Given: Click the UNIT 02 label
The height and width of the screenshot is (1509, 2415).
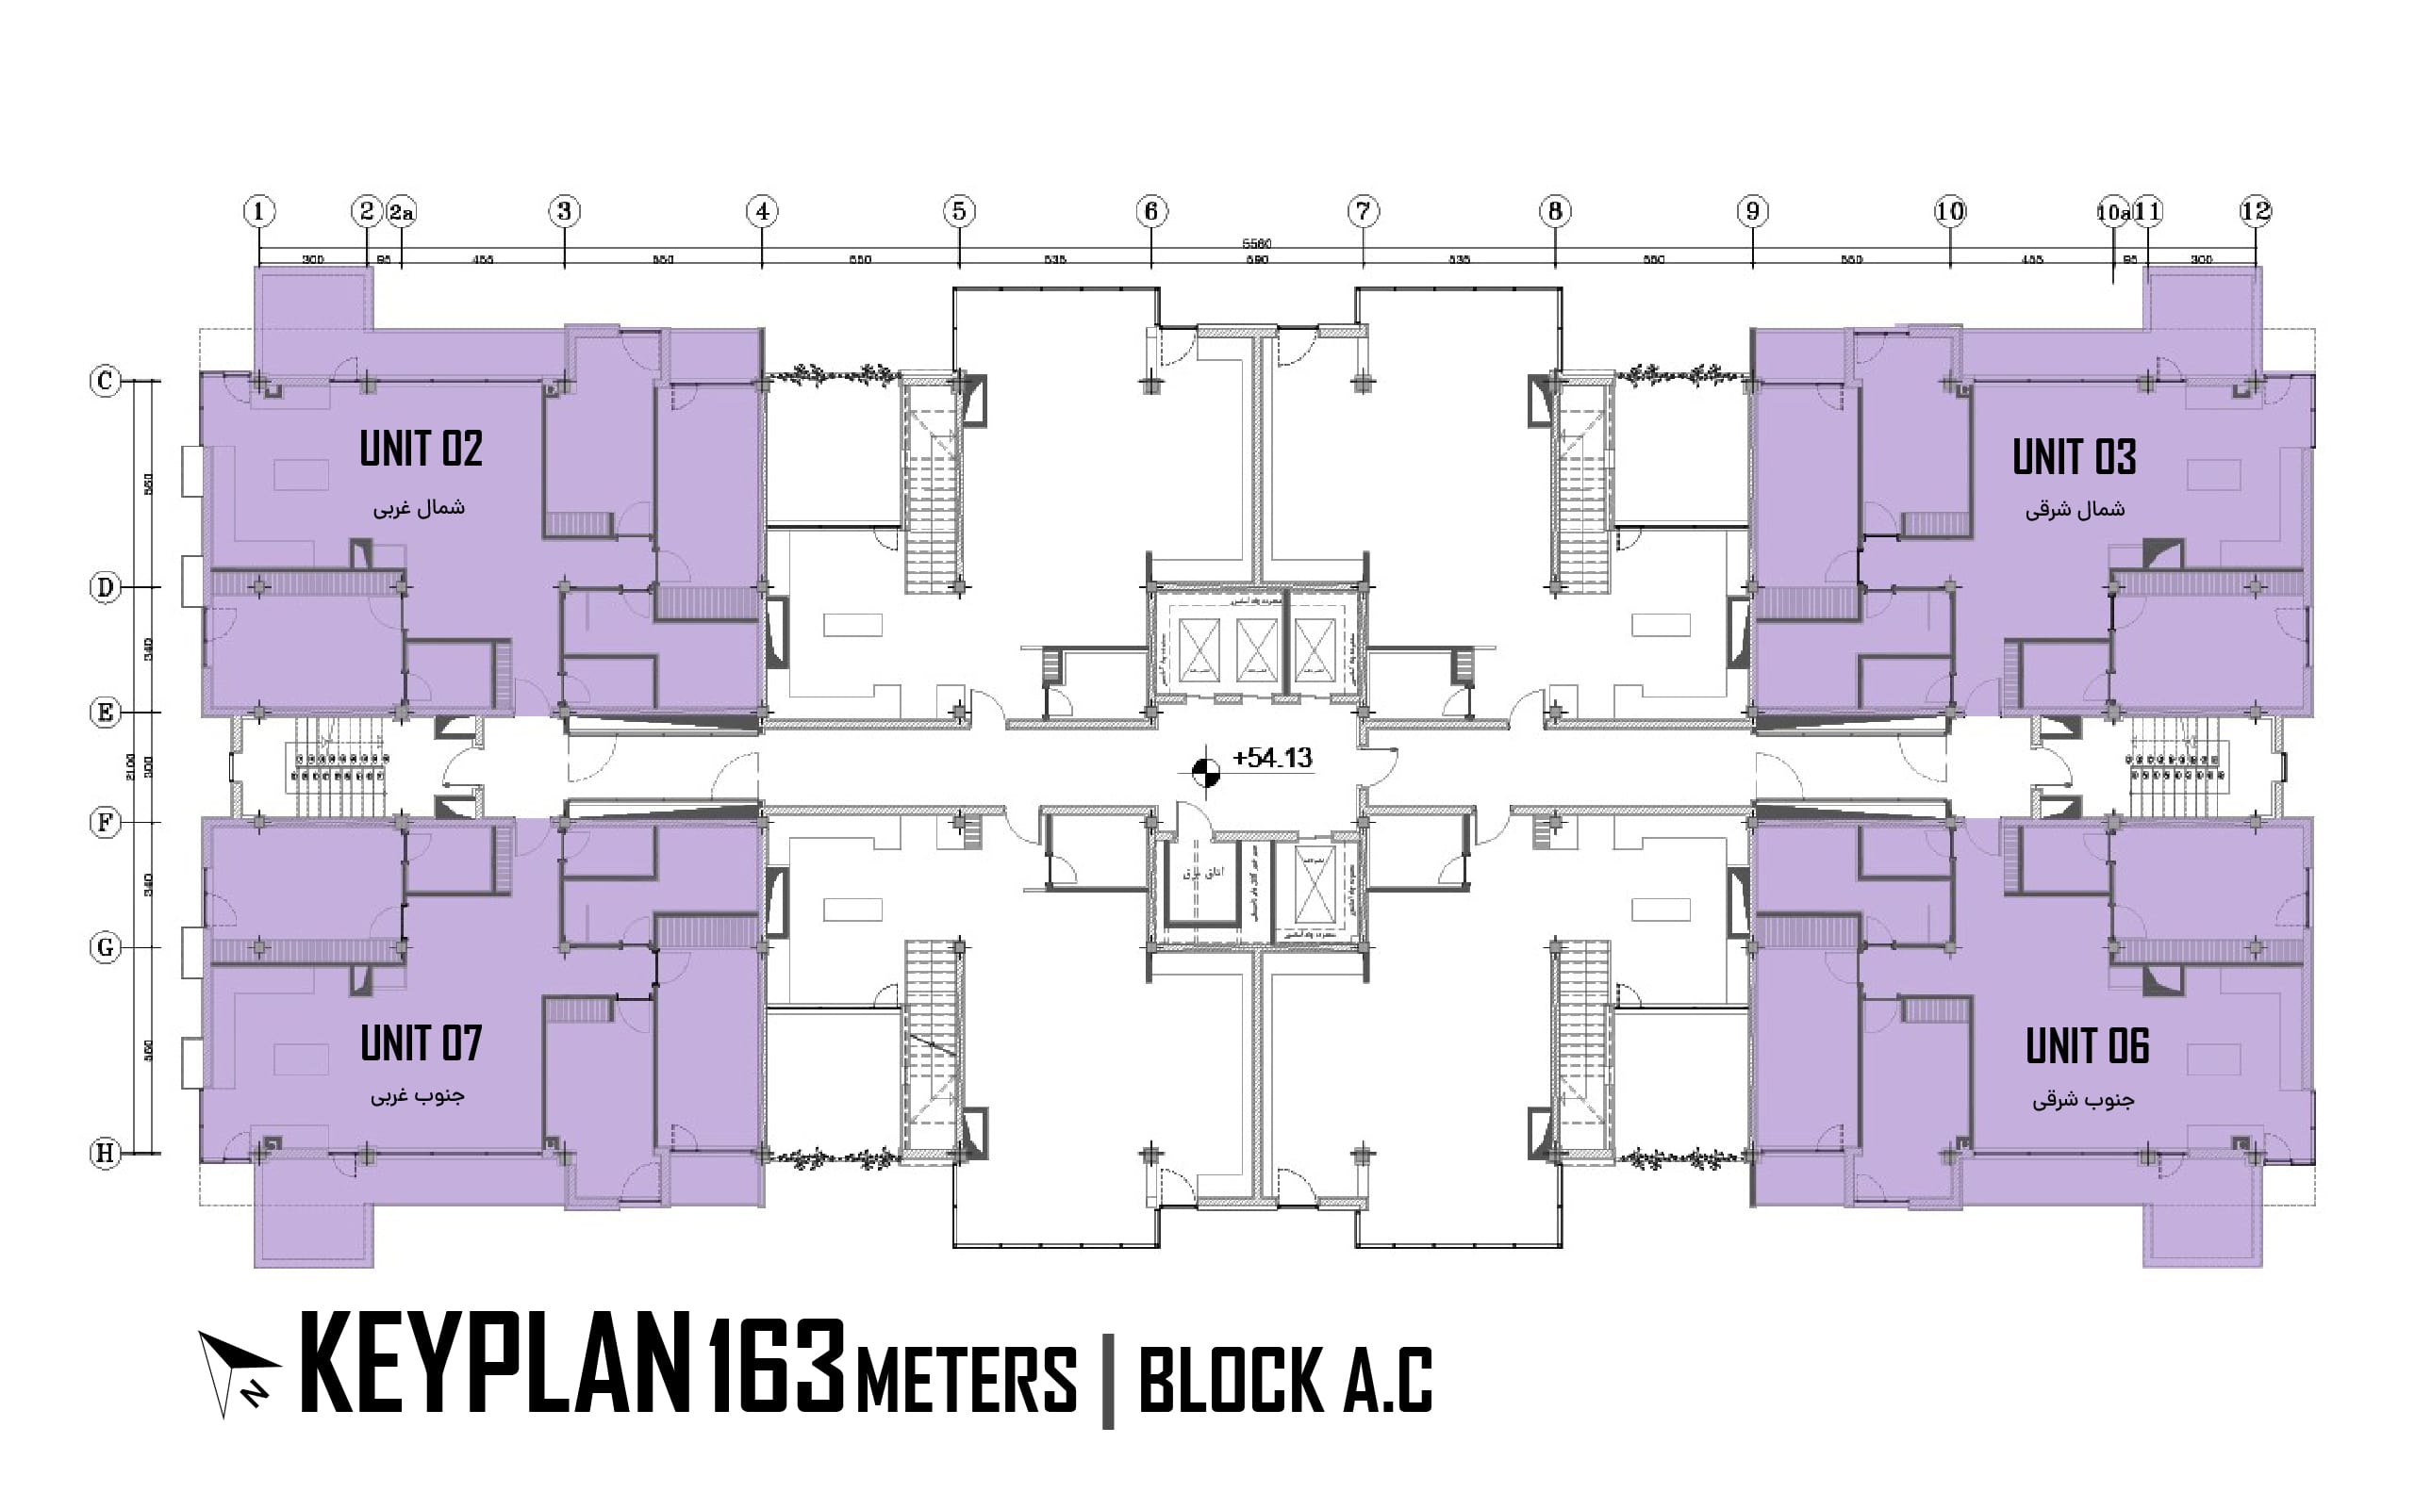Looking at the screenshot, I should point(421,449).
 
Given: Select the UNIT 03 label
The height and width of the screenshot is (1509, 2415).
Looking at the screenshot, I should point(2074,457).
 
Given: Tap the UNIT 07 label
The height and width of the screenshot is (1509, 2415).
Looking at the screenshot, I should point(421,1044).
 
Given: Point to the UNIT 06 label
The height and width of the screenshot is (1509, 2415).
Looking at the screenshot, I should point(2087,1047).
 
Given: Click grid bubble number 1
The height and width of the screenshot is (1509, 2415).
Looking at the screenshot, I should point(259,211).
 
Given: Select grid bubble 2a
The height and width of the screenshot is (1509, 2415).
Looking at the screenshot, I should point(402,211).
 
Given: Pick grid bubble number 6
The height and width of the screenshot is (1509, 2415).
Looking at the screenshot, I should point(1151,211).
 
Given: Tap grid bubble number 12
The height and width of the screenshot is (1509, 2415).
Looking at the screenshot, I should point(2255,211).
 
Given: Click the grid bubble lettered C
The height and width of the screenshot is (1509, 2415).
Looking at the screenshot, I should point(105,381).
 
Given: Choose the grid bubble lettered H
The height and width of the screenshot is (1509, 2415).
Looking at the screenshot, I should point(105,1154).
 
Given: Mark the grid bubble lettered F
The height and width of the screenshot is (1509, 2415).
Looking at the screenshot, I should point(105,824).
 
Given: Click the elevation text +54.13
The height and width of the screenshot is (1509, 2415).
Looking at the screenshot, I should point(1272,759).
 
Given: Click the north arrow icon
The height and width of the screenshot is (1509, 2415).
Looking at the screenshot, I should point(238,1372).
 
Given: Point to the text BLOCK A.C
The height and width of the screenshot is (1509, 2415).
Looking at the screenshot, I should point(1285,1379).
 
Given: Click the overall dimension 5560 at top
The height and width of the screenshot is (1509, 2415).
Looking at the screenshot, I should point(1257,243).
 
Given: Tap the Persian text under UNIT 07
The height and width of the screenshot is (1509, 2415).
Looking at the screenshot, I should point(418,1096).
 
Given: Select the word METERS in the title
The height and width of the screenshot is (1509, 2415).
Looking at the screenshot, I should point(967,1379).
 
